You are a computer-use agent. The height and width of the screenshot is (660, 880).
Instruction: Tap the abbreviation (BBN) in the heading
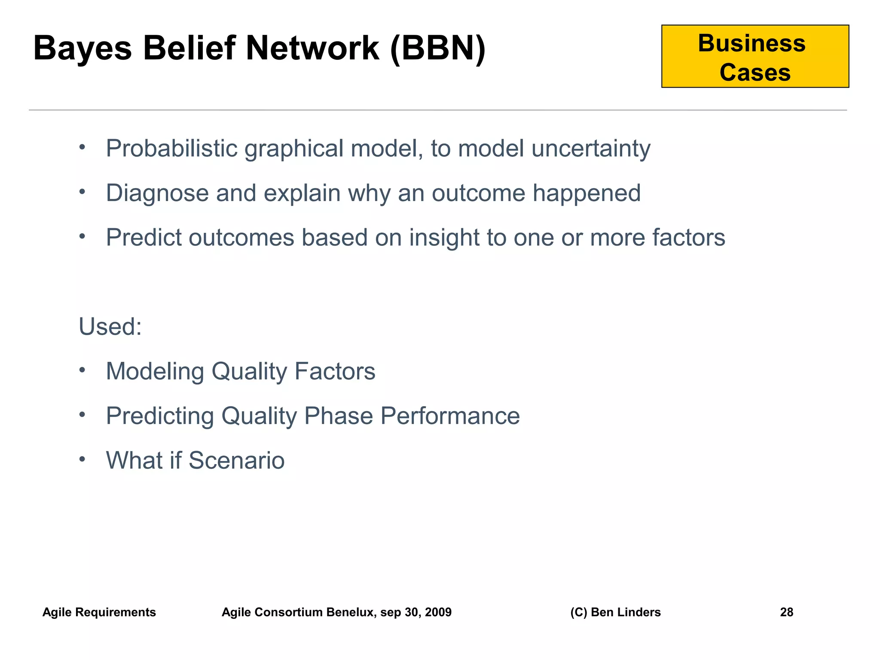438,48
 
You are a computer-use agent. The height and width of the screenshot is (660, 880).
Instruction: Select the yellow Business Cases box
755,56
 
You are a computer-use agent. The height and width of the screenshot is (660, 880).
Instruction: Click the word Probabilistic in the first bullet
171,149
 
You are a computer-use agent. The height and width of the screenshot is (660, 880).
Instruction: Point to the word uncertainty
590,149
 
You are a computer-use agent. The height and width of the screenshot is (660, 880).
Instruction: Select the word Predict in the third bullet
144,238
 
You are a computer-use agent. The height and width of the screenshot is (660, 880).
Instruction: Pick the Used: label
110,327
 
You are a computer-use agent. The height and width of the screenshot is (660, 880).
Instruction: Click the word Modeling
155,371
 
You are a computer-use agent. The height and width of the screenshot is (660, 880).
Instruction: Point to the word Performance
450,416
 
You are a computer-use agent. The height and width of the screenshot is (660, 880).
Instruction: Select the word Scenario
236,461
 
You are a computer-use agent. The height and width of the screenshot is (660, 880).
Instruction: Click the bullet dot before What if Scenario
82,459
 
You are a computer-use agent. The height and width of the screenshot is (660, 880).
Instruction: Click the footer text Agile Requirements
99,612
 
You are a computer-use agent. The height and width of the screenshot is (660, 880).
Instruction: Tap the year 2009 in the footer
438,612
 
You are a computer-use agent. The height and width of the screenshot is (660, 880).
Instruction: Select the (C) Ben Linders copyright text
615,612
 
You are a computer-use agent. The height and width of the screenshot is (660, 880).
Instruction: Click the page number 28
786,612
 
